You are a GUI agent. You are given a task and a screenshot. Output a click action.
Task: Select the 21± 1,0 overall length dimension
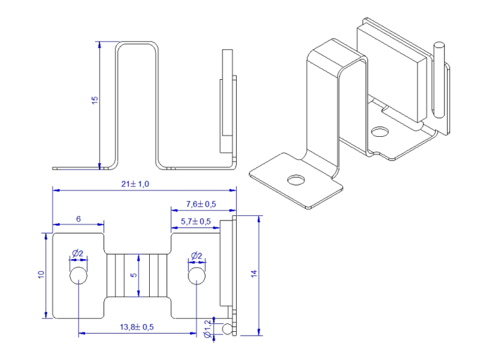pyautogui.click(x=135, y=184)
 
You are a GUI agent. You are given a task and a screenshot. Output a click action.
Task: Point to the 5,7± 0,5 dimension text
pyautogui.click(x=196, y=221)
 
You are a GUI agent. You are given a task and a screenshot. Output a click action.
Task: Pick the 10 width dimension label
pyautogui.click(x=41, y=275)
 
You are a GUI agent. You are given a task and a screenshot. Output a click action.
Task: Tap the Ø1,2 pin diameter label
pyautogui.click(x=208, y=328)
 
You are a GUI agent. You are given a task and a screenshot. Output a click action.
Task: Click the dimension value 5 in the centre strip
pyautogui.click(x=134, y=276)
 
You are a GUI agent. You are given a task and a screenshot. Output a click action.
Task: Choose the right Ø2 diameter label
pyautogui.click(x=195, y=255)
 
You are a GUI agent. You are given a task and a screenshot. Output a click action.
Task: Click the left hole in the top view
pyautogui.click(x=79, y=276)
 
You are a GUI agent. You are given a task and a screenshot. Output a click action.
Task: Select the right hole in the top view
pyautogui.click(x=196, y=276)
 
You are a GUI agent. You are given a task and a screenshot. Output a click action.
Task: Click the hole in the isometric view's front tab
pyautogui.click(x=297, y=179)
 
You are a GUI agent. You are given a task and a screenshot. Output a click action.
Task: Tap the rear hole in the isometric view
pyautogui.click(x=379, y=132)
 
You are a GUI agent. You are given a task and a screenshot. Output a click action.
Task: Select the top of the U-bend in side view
pyautogui.click(x=137, y=44)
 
